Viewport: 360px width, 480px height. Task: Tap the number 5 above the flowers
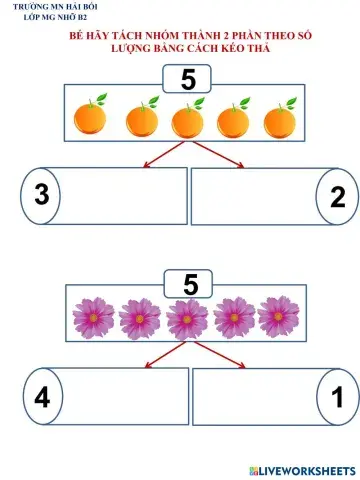pyautogui.click(x=191, y=283)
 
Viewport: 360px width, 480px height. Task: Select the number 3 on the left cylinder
pyautogui.click(x=41, y=194)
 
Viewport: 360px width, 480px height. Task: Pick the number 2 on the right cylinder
pyautogui.click(x=337, y=197)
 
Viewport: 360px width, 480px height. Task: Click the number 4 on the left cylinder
pyautogui.click(x=41, y=397)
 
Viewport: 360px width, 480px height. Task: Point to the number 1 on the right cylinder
pyautogui.click(x=338, y=398)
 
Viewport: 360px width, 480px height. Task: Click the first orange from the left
pyautogui.click(x=90, y=119)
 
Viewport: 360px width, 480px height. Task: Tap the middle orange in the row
pyautogui.click(x=187, y=121)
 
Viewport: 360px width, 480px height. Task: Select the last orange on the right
pyautogui.click(x=279, y=120)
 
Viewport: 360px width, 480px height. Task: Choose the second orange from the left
pyautogui.click(x=141, y=121)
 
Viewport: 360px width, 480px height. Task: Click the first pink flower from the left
pyautogui.click(x=93, y=318)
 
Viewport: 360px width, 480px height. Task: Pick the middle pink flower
pyautogui.click(x=187, y=318)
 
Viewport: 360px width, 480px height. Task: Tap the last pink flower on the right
pyautogui.click(x=278, y=317)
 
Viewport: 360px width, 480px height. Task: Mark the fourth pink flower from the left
pyautogui.click(x=233, y=318)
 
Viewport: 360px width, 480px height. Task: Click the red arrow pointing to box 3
pyautogui.click(x=156, y=154)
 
